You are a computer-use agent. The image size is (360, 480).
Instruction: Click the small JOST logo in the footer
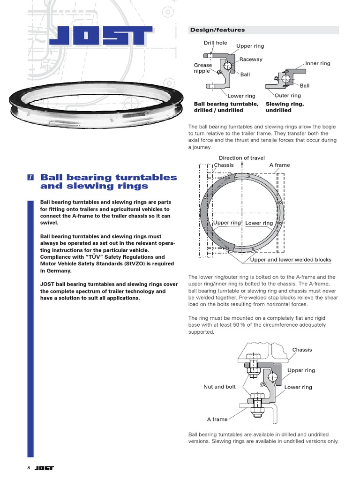[x=44, y=468]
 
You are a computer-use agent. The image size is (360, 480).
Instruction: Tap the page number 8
[x=29, y=468]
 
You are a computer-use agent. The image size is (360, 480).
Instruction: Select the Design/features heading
[x=217, y=30]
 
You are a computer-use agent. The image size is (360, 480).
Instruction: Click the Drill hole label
[x=215, y=43]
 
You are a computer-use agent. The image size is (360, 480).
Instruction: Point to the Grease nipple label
[x=202, y=68]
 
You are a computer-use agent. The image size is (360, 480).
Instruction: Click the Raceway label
[x=251, y=60]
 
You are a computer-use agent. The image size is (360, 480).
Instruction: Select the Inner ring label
[x=317, y=63]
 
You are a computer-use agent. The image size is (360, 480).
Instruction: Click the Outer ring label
[x=287, y=96]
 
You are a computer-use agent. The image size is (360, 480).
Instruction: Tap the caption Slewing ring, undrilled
[x=285, y=107]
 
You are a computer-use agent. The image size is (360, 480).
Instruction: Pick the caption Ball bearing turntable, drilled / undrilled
[x=226, y=107]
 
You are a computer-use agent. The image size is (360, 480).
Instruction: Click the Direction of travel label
[x=241, y=158]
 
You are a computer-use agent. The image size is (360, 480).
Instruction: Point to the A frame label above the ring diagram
[x=279, y=165]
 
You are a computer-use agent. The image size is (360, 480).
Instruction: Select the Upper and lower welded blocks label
[x=291, y=260]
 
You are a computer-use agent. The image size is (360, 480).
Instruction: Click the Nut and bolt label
[x=219, y=387]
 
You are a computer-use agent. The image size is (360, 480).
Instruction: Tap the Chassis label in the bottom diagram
[x=302, y=350]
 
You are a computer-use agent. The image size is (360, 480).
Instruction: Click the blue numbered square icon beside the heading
[x=30, y=177]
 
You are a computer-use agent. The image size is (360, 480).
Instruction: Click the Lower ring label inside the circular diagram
[x=259, y=223]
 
